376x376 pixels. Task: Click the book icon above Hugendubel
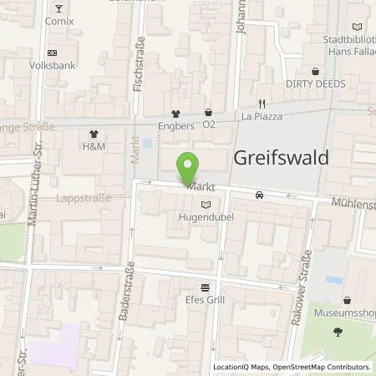point(206,203)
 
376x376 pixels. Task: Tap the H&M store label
point(93,147)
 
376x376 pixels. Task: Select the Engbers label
point(176,126)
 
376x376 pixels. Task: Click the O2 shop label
point(209,126)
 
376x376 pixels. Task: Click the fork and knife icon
point(261,104)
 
